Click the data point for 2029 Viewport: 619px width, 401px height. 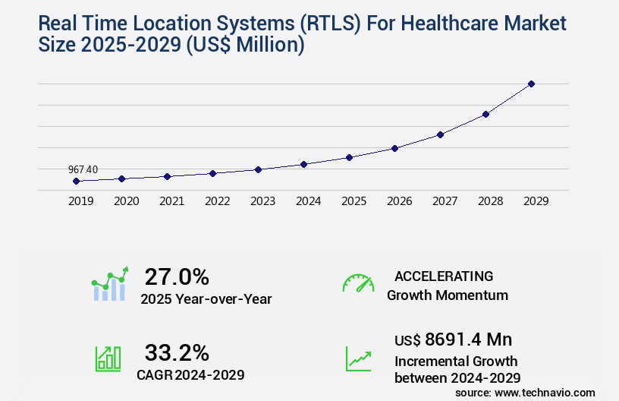click(x=531, y=84)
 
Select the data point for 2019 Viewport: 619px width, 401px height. click(x=76, y=181)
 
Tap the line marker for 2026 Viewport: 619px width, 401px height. click(x=394, y=148)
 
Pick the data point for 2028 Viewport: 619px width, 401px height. click(x=485, y=114)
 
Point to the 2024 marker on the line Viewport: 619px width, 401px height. click(x=303, y=164)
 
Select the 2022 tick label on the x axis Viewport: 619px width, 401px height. click(x=217, y=201)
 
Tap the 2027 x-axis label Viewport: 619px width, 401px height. click(x=445, y=201)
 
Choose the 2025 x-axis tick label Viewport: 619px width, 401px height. click(x=353, y=201)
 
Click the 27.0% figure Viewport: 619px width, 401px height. click(x=177, y=276)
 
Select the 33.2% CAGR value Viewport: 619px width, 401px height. click(x=177, y=352)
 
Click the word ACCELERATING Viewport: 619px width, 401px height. click(x=443, y=276)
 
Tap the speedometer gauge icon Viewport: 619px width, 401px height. click(x=358, y=283)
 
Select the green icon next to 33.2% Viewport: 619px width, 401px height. click(x=107, y=358)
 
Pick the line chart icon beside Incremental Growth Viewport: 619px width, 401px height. click(x=358, y=358)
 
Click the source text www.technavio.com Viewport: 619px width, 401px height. click(x=545, y=392)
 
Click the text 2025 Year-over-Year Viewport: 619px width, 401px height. click(x=206, y=299)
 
